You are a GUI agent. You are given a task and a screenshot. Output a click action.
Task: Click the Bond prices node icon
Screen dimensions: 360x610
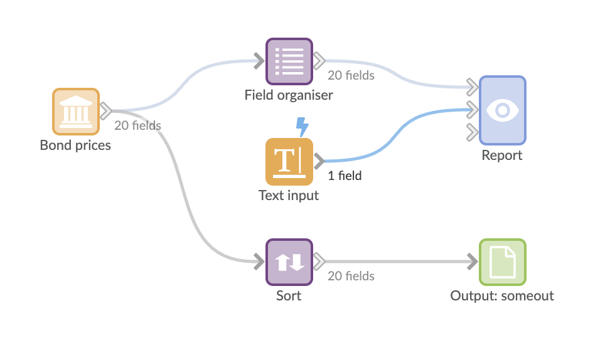point(75,112)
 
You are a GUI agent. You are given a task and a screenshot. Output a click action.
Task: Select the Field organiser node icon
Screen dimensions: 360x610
point(289,61)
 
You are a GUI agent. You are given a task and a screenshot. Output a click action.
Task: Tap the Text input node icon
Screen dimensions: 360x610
point(289,161)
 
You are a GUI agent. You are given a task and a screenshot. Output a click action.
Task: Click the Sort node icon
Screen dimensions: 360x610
point(289,262)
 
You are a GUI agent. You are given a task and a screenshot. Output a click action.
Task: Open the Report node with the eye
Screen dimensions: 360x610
point(502,110)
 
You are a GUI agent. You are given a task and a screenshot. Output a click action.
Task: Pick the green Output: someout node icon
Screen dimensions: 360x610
point(502,262)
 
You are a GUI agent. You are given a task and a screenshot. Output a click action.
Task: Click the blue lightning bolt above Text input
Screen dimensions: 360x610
point(302,126)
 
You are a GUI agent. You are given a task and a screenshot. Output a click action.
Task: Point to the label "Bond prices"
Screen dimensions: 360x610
point(75,146)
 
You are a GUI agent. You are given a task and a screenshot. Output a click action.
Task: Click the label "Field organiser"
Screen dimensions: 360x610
point(289,95)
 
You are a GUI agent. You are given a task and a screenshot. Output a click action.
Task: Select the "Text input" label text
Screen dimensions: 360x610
point(289,195)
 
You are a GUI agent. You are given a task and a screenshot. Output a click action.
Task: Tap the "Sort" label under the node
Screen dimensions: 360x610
point(289,295)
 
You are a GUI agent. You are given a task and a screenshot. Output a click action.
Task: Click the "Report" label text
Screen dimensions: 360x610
point(502,155)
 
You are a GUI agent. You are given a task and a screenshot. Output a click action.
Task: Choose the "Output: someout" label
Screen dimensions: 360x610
point(502,295)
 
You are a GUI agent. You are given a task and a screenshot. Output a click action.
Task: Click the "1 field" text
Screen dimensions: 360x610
point(345,176)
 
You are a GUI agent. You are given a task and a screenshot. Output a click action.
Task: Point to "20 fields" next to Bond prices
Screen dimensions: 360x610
point(137,125)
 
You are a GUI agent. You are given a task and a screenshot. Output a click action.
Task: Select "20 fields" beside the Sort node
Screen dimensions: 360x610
point(351,276)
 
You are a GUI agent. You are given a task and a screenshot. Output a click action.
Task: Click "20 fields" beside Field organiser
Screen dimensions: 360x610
point(351,75)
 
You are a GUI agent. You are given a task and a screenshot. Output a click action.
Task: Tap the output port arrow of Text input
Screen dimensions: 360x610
point(319,161)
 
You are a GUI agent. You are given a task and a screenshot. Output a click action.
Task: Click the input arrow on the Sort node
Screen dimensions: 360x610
point(259,262)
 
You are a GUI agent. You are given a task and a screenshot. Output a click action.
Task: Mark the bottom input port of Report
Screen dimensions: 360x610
point(471,132)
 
